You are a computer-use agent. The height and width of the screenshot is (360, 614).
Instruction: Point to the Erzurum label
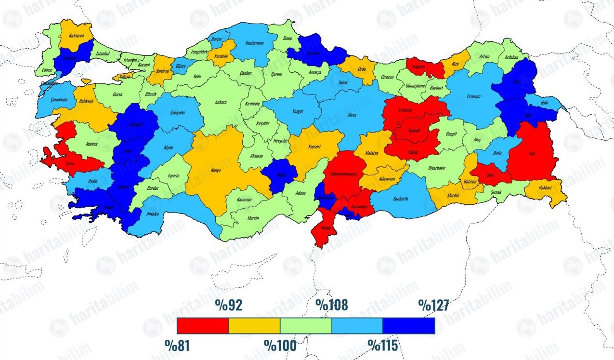[474, 96]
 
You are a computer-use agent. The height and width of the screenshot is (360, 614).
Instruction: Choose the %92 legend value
[229, 305]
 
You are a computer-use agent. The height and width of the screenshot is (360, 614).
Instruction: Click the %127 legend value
[433, 305]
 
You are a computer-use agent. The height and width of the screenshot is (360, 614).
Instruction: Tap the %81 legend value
[177, 345]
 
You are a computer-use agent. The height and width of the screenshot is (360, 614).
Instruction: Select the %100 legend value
[280, 345]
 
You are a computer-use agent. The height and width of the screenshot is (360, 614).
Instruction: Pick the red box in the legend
[203, 326]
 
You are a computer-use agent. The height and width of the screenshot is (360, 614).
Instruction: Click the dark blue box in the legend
[408, 326]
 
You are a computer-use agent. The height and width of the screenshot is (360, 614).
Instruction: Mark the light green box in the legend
[306, 326]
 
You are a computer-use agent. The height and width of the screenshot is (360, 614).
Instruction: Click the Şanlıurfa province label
[401, 199]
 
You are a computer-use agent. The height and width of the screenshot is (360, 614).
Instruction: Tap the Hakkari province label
[545, 188]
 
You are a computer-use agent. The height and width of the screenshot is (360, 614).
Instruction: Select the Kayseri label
[314, 147]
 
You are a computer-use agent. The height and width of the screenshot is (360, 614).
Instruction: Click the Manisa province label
[91, 144]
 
